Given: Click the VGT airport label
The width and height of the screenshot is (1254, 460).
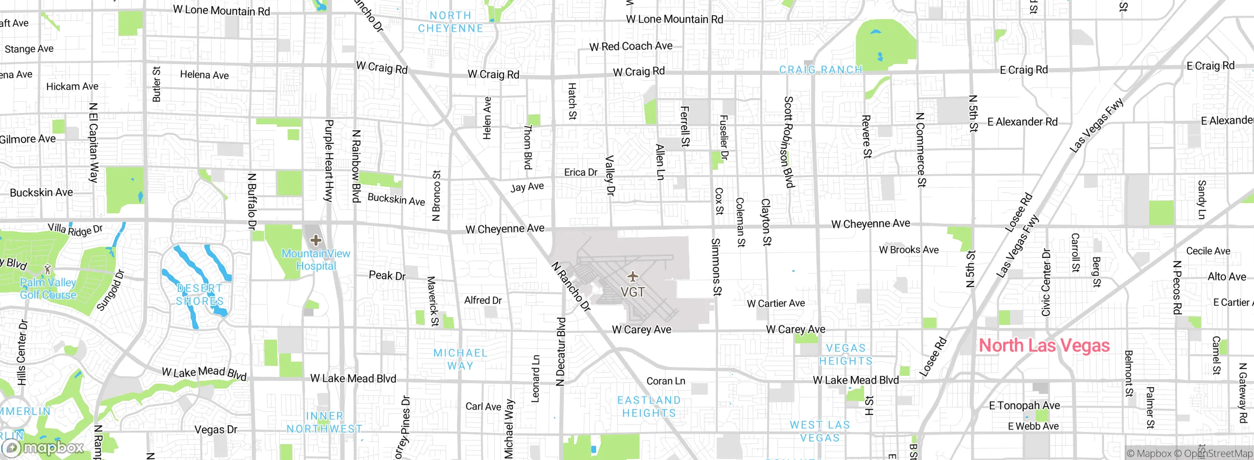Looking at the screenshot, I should [632, 292].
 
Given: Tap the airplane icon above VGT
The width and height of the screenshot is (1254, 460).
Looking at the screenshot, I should [633, 276].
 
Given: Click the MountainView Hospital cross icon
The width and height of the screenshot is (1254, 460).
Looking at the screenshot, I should [316, 240].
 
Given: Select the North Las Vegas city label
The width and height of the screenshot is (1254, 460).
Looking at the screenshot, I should [1044, 345].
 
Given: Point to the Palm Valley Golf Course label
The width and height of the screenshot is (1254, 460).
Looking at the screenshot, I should [48, 289].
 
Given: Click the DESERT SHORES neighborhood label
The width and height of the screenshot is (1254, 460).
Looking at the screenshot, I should [200, 295].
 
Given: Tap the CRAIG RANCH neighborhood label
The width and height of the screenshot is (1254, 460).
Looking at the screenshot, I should [820, 70].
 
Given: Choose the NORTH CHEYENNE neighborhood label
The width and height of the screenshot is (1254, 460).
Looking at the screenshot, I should [450, 22].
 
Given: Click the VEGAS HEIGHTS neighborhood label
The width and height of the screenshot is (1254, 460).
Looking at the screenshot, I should [846, 354].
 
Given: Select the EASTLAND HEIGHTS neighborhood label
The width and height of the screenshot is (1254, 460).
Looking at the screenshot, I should [649, 407].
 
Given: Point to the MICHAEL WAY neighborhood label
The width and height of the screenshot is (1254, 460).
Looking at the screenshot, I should [460, 359].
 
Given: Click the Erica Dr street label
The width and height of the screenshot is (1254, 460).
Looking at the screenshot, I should [580, 172].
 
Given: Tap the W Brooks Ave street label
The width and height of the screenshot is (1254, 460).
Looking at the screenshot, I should [909, 250].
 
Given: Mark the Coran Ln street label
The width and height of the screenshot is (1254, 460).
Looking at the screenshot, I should [666, 381].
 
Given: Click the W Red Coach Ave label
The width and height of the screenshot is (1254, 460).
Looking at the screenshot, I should [631, 46].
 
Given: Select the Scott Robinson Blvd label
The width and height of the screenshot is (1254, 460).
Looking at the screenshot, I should [788, 142].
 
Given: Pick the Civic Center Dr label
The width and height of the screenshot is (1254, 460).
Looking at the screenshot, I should [1046, 282].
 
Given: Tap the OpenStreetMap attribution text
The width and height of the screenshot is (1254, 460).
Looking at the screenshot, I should [1215, 453].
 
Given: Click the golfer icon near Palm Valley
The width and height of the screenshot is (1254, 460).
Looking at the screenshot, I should [48, 269].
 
